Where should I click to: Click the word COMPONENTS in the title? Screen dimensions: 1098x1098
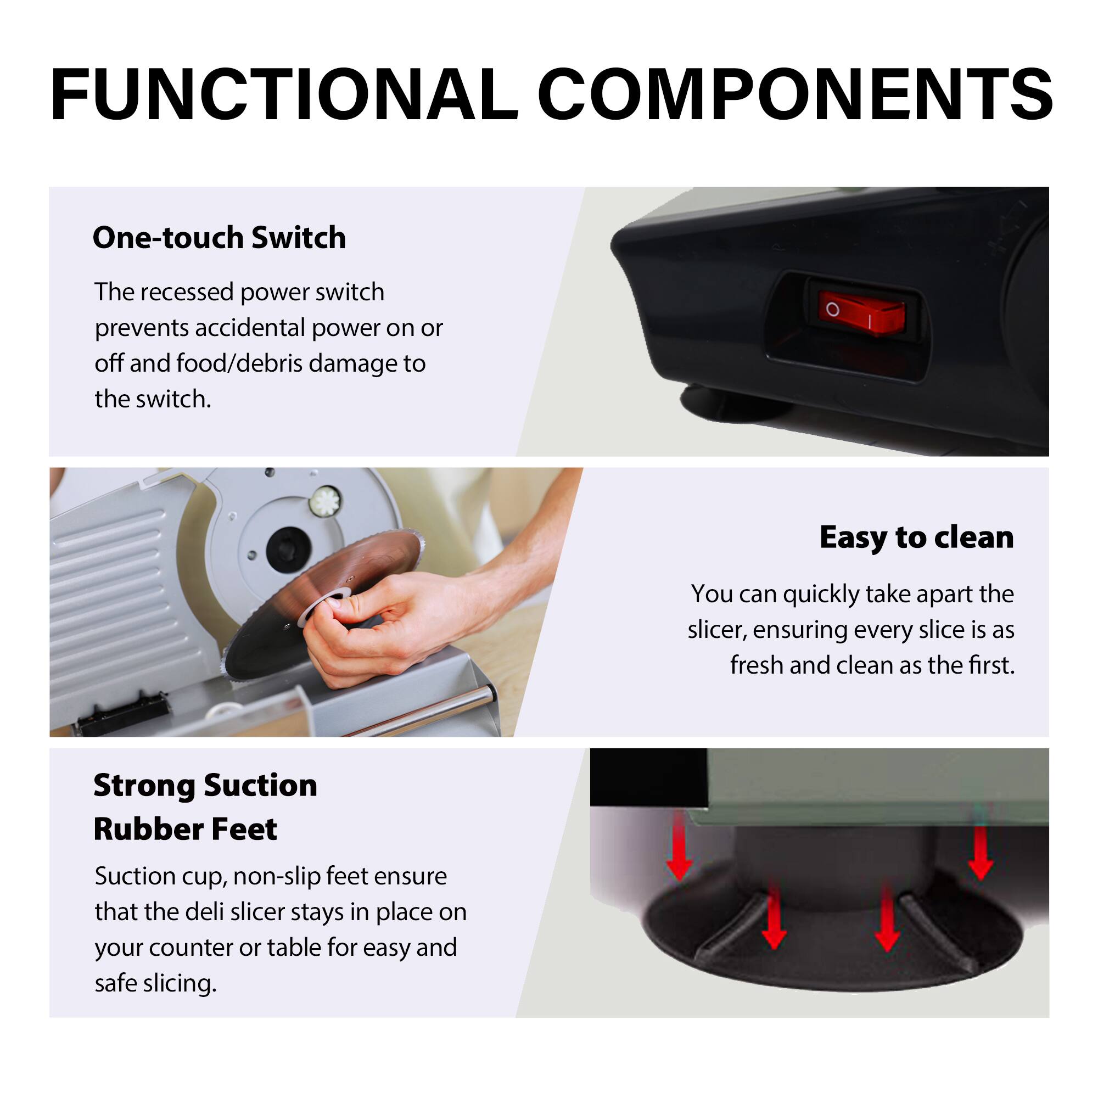point(794,94)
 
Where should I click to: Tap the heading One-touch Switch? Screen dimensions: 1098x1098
point(219,238)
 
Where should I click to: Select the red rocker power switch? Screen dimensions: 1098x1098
point(860,311)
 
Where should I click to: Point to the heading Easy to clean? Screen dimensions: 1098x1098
point(916,537)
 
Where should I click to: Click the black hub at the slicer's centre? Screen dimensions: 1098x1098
point(288,548)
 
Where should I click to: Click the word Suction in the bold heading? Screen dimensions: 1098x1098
point(260,786)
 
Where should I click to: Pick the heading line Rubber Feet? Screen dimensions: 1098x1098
point(185,829)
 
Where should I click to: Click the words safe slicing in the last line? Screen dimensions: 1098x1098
point(156,983)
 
